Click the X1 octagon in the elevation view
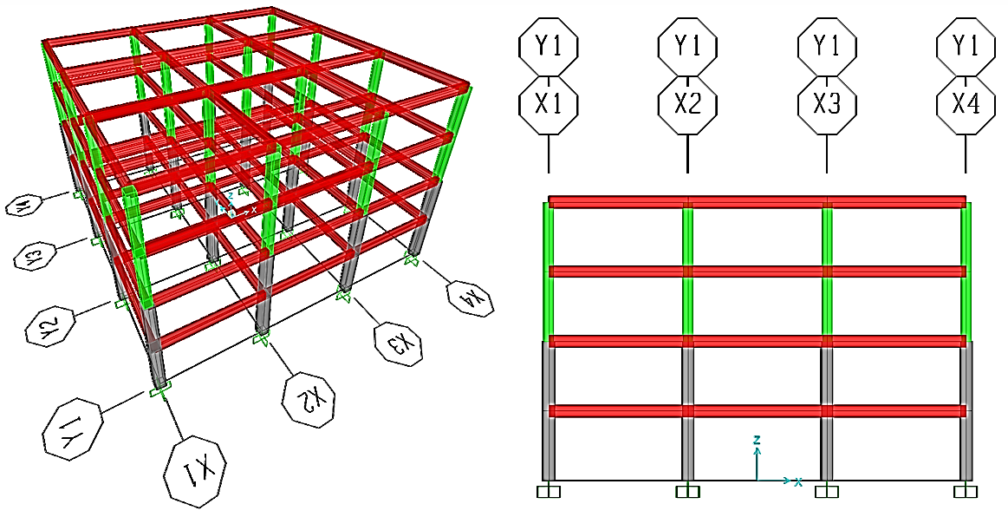tap(548, 105)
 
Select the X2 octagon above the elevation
tap(687, 105)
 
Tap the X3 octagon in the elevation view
tap(827, 105)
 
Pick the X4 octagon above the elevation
tap(966, 105)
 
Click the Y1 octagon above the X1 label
tap(548, 45)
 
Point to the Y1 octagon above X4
tap(966, 45)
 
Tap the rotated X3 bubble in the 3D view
tap(400, 342)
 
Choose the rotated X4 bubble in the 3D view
tap(470, 296)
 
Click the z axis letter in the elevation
tap(757, 441)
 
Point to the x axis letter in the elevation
tap(797, 481)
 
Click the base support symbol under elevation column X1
tap(549, 492)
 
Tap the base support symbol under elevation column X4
tap(966, 492)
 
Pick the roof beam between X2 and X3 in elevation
tap(757, 202)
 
